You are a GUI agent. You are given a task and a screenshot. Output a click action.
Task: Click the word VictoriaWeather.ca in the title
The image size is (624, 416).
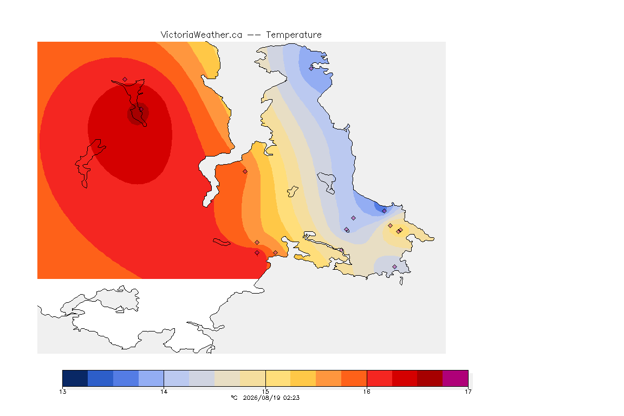(201, 35)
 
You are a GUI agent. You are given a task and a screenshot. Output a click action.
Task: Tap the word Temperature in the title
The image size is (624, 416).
(294, 35)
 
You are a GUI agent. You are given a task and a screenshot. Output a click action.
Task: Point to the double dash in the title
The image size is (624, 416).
(254, 35)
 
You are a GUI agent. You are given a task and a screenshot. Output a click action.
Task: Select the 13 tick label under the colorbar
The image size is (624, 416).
(62, 392)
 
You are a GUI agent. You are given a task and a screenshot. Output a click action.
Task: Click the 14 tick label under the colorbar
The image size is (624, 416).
(164, 392)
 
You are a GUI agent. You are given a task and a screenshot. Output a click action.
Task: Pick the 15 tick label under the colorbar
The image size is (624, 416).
(265, 392)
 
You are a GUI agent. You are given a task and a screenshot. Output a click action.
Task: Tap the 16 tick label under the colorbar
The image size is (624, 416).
(367, 392)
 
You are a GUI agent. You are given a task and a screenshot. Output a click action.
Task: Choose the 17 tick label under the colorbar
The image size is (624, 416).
(468, 392)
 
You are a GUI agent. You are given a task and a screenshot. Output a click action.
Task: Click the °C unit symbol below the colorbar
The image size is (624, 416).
(234, 398)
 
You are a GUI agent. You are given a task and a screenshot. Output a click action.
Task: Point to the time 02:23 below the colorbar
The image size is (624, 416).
(291, 398)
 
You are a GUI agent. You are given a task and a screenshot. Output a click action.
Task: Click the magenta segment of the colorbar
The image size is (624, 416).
(455, 378)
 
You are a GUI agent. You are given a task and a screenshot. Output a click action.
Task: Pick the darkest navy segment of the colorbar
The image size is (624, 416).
(75, 378)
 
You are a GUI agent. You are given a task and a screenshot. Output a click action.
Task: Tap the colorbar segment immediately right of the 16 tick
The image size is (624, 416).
(380, 378)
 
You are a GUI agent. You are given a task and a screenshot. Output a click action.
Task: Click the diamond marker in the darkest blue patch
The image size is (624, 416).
(384, 211)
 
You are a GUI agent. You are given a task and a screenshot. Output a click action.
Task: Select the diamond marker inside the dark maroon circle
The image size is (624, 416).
(141, 109)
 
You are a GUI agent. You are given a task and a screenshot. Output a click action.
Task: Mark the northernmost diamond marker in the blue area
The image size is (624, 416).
(311, 68)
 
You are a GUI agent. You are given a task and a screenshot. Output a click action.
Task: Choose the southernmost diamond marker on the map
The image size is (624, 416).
(395, 266)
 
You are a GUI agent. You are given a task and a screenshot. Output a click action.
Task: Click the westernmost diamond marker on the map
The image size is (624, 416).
(125, 80)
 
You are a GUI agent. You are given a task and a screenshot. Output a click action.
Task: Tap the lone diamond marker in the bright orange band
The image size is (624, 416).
(245, 172)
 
